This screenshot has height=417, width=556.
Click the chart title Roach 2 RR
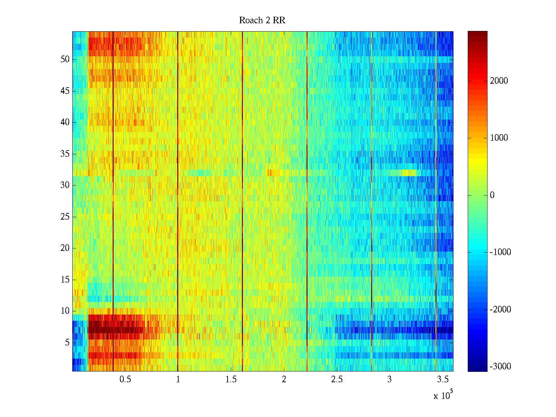pos(262,21)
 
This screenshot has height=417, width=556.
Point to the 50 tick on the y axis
pos(65,59)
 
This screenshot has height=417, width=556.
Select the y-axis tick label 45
pos(65,91)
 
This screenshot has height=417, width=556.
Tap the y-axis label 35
pos(65,154)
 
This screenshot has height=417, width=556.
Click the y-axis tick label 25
pos(65,217)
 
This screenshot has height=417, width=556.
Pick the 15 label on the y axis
pos(65,280)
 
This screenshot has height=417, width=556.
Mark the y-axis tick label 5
pos(67,343)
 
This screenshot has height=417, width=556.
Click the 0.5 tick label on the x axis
pos(125,379)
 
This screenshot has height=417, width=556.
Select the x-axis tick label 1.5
pos(231,379)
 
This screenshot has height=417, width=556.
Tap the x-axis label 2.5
pos(337,379)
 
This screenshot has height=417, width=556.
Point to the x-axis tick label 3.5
pos(442,379)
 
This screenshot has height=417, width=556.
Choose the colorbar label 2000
pos(499,81)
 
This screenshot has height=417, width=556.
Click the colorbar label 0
pos(492,195)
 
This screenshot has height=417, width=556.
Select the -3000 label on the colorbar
pos(500,367)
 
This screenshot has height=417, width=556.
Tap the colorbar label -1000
pos(500,252)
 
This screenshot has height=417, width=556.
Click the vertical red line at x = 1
pos(178,202)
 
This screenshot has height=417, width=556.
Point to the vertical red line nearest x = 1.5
pos(242,202)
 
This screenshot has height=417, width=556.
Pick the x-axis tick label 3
pos(390,379)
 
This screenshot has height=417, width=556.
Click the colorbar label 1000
pos(499,138)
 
